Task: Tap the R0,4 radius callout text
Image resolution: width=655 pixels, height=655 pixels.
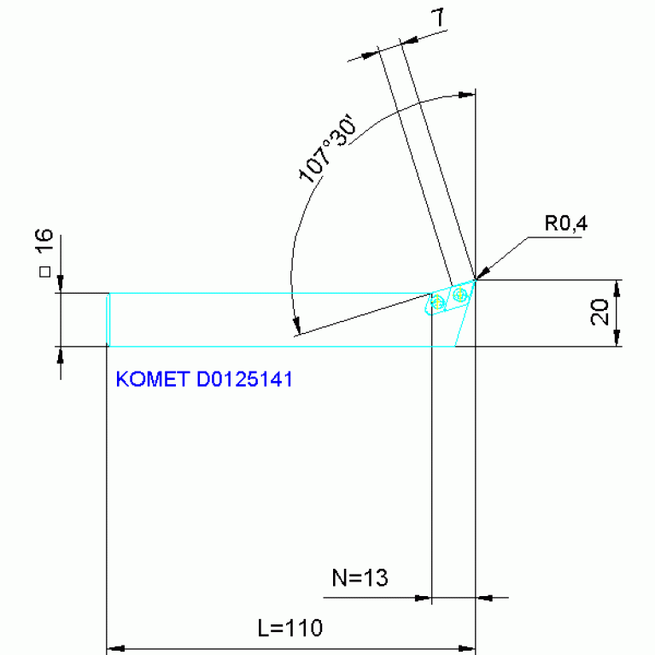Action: point(566,224)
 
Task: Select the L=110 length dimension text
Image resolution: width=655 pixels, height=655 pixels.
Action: point(289,628)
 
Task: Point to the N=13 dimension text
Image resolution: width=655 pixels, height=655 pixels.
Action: point(360,578)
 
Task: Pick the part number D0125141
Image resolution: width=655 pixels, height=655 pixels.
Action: point(244,379)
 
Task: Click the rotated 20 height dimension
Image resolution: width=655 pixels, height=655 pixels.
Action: point(599,313)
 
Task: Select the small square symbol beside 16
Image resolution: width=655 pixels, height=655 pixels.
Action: point(46,272)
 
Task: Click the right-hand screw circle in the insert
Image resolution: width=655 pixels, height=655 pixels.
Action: point(460,295)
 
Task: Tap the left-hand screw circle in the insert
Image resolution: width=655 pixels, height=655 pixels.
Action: point(439,302)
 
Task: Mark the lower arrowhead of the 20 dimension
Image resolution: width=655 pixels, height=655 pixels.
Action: point(617,341)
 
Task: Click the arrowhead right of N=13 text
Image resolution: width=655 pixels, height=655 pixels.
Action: point(483,598)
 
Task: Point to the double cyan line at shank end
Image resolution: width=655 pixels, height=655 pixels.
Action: point(108,319)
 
